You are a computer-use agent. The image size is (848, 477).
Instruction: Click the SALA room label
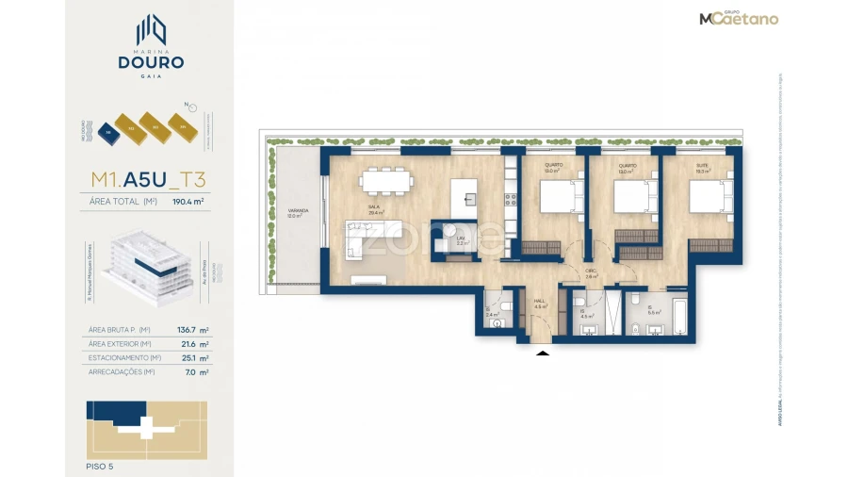[375, 208]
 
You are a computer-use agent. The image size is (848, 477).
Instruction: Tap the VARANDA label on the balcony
[294, 212]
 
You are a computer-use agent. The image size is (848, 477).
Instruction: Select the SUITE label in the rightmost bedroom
[702, 166]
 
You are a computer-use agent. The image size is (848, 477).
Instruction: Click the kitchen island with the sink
[464, 196]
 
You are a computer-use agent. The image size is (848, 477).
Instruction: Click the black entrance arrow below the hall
[542, 353]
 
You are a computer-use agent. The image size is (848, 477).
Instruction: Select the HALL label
[540, 304]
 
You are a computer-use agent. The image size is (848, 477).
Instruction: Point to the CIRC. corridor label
[591, 274]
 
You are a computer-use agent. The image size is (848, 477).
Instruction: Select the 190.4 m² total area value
[189, 202]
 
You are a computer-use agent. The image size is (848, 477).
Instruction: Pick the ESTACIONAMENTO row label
[122, 358]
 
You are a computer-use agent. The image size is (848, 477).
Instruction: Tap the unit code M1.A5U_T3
[148, 179]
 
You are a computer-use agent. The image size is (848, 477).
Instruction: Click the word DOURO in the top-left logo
[151, 62]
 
